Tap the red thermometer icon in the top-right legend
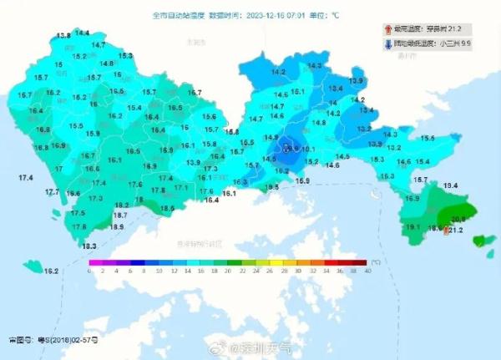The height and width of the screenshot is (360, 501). pyautogui.click(x=399, y=28)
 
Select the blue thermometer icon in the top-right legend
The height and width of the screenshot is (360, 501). pyautogui.click(x=399, y=44)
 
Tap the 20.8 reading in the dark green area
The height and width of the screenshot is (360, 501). pyautogui.click(x=458, y=220)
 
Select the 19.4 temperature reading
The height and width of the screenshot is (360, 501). pyautogui.click(x=450, y=185)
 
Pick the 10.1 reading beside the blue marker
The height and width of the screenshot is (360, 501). pyautogui.click(x=306, y=150)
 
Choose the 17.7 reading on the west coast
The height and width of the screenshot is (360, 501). pyautogui.click(x=52, y=193)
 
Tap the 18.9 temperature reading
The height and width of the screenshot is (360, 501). pyautogui.click(x=118, y=227)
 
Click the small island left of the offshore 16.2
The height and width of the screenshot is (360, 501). pyautogui.click(x=32, y=266)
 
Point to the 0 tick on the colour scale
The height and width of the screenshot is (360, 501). pyautogui.click(x=90, y=271)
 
